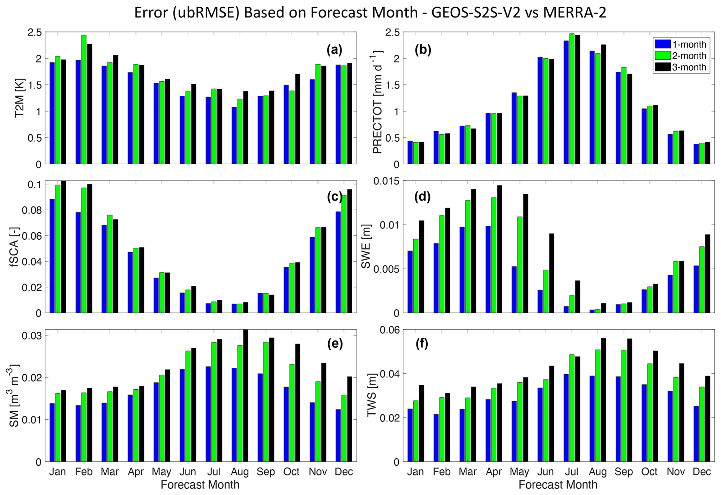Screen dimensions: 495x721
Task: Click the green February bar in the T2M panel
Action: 84,99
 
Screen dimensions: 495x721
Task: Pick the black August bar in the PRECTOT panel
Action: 603,104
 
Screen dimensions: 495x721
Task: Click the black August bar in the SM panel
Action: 246,396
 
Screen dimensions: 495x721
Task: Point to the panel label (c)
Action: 335,197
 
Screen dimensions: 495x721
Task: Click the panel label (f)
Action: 422,344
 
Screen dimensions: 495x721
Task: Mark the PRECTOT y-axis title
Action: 377,102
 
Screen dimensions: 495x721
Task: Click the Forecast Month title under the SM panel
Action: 200,485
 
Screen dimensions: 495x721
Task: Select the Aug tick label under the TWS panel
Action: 598,472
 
